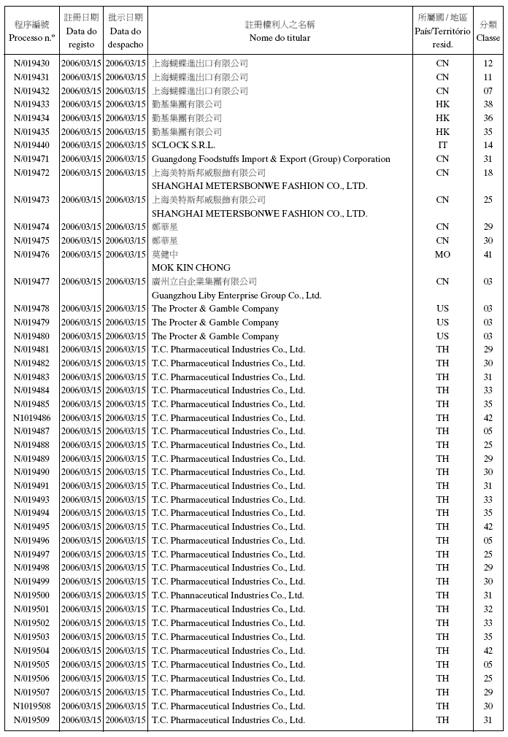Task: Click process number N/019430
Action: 31,63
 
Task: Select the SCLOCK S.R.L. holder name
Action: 183,145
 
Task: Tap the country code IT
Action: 442,145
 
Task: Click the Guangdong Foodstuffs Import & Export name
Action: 271,159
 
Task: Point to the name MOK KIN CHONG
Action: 190,268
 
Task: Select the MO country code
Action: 442,255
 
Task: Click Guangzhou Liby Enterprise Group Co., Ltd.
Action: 236,296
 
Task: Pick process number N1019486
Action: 31,418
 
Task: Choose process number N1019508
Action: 31,706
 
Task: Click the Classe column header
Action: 488,31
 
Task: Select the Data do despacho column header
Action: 125,31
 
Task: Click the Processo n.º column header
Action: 31,31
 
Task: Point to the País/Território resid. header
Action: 442,31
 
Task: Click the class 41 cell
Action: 488,255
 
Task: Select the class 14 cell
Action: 488,145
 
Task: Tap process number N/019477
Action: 31,282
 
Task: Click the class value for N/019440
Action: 488,145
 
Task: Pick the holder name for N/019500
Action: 228,595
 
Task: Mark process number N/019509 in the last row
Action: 31,720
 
